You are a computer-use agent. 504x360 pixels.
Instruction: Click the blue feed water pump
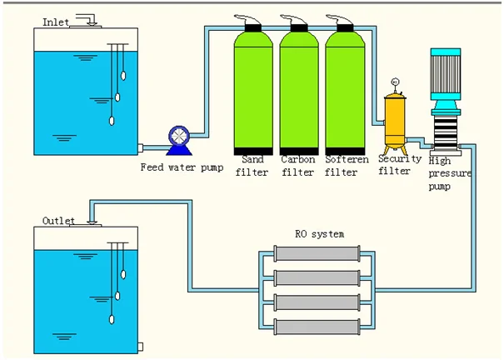[x=179, y=138]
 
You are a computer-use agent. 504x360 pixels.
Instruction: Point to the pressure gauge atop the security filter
[x=394, y=82]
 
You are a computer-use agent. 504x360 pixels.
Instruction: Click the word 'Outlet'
[x=58, y=221]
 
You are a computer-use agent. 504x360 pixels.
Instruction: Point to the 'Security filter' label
[x=395, y=165]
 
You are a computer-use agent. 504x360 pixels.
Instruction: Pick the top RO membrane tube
[x=318, y=255]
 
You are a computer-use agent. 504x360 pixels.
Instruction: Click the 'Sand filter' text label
[x=252, y=165]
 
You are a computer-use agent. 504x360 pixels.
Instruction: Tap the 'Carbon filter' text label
[x=297, y=165]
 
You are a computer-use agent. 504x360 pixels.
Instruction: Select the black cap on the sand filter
[x=253, y=28]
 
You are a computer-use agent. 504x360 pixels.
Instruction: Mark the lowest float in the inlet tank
[x=111, y=118]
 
